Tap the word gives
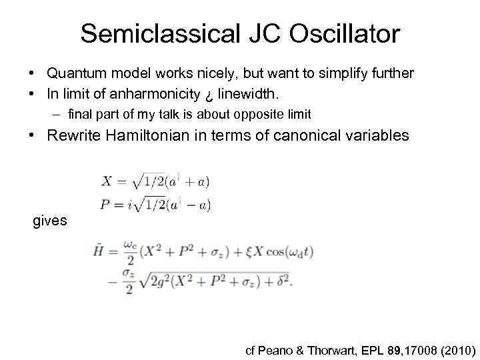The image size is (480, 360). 50,220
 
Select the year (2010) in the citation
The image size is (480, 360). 453,348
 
